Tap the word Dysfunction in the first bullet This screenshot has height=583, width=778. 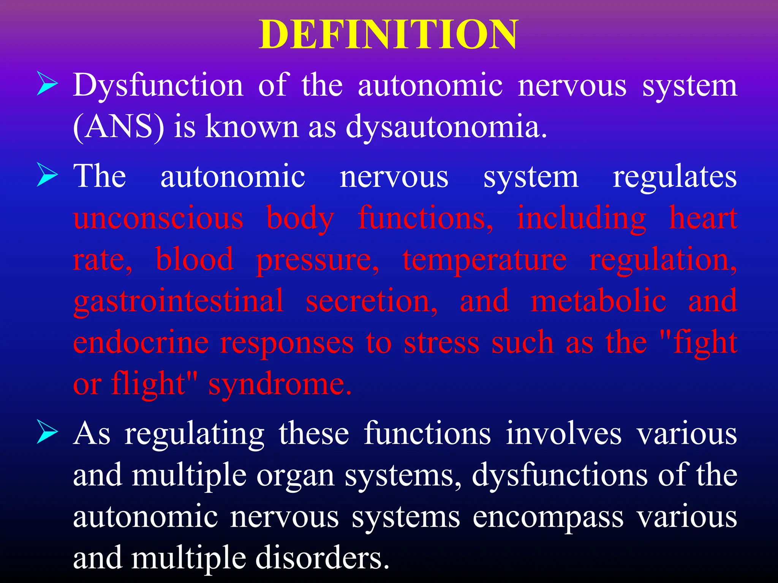(158, 86)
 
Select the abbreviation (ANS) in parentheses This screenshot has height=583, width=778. (119, 127)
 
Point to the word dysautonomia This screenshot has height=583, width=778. (446, 127)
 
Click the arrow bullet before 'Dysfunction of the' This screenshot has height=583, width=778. (47, 85)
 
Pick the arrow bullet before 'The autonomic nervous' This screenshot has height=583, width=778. (47, 175)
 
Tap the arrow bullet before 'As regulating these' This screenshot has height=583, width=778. (47, 433)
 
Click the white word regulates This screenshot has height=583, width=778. (675, 177)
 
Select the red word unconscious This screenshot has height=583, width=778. (158, 218)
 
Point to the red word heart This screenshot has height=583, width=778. (703, 218)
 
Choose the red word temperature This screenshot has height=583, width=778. (484, 260)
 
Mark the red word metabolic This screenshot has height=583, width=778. (598, 301)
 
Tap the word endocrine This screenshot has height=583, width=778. (141, 343)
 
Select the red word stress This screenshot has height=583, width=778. (441, 343)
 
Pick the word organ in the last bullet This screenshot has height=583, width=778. (295, 476)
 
